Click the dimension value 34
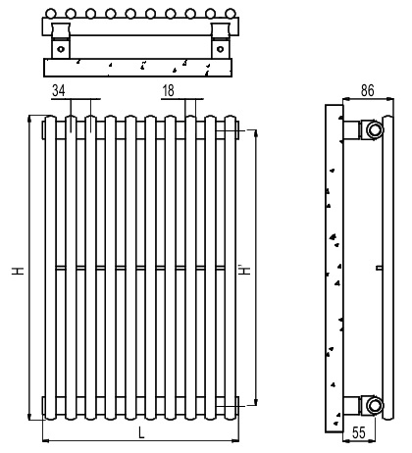[59, 90]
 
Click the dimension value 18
[168, 90]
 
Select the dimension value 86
[367, 90]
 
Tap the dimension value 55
[358, 432]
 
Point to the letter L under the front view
[141, 433]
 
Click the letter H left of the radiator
[19, 271]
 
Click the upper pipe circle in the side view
[375, 129]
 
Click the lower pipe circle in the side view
[375, 405]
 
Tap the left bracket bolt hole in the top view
[61, 49]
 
